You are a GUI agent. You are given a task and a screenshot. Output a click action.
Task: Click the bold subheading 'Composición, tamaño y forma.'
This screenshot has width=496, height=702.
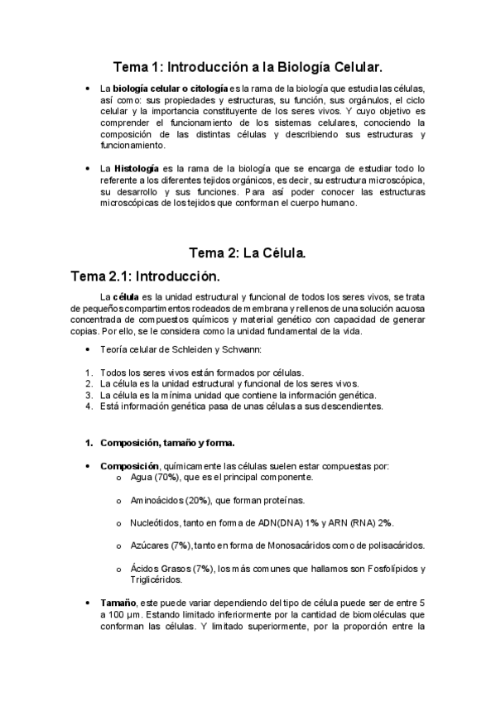click(167, 443)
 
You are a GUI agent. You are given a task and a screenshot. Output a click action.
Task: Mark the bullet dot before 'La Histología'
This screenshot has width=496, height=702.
click(89, 169)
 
